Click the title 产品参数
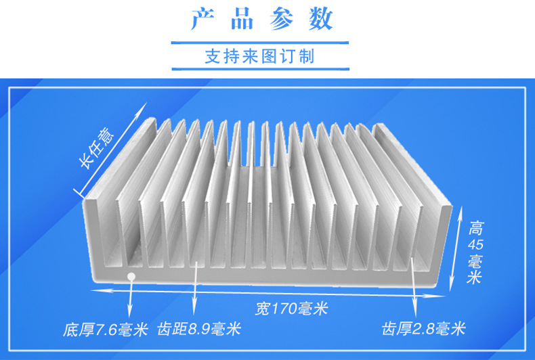tap(261, 20)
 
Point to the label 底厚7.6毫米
tap(105, 330)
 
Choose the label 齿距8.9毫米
tap(198, 330)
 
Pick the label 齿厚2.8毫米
tap(423, 330)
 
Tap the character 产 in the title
tap(202, 20)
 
